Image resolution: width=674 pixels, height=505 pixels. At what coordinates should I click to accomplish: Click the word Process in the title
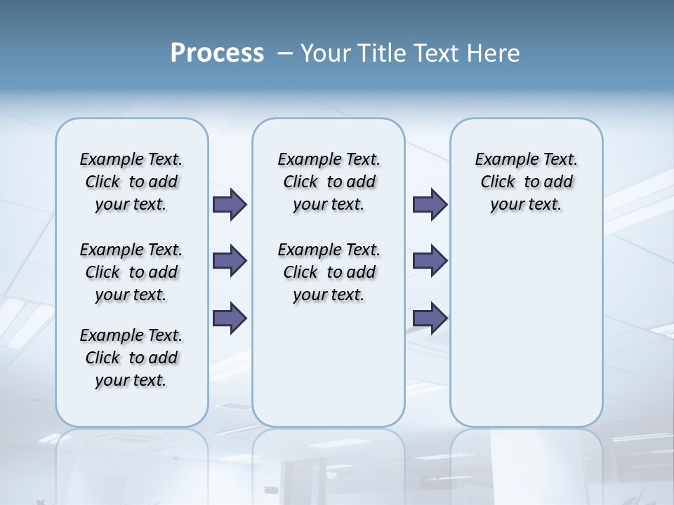pyautogui.click(x=217, y=53)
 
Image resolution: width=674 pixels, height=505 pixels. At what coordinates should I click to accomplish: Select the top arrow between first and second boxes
pyautogui.click(x=230, y=204)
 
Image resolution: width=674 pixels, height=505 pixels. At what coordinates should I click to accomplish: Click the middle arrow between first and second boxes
pyautogui.click(x=230, y=261)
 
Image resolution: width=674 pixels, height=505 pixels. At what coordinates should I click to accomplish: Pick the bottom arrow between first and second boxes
pyautogui.click(x=230, y=318)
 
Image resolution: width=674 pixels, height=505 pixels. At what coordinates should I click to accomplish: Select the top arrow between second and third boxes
pyautogui.click(x=430, y=204)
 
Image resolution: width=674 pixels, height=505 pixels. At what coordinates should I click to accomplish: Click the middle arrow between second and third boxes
pyautogui.click(x=430, y=261)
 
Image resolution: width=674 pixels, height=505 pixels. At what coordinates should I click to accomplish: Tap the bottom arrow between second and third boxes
pyautogui.click(x=430, y=318)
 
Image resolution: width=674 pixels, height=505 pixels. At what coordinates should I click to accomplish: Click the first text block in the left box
pyautogui.click(x=131, y=182)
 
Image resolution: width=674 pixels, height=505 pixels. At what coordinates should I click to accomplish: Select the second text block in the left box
pyautogui.click(x=131, y=272)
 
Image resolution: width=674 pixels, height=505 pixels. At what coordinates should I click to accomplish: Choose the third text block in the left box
pyautogui.click(x=131, y=358)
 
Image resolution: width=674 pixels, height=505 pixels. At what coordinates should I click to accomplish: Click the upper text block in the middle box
pyautogui.click(x=329, y=182)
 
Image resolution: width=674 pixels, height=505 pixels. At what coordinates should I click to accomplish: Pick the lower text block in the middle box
pyautogui.click(x=329, y=272)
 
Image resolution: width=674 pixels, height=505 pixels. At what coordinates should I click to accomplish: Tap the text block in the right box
pyautogui.click(x=527, y=182)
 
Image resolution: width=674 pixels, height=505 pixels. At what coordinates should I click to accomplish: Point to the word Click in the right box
pyautogui.click(x=498, y=182)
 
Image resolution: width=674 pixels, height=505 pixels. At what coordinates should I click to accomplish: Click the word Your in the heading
pyautogui.click(x=323, y=53)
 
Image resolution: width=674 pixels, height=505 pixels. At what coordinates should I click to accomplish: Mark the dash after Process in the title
pyautogui.click(x=286, y=54)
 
